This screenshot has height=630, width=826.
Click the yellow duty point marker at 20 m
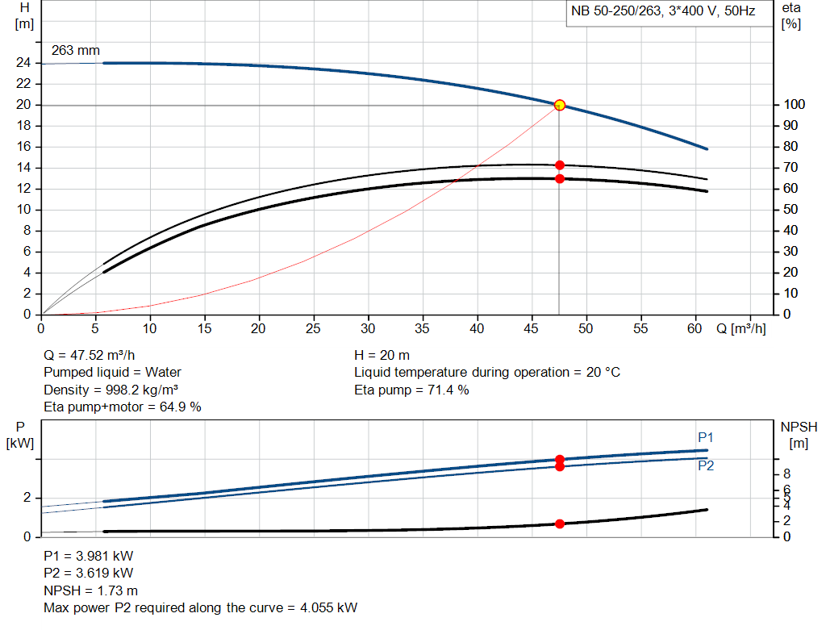[559, 105]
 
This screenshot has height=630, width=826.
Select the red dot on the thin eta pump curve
[559, 165]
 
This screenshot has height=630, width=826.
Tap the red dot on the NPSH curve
[559, 524]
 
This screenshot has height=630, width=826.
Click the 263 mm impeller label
[76, 50]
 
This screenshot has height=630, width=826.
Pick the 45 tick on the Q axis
[532, 329]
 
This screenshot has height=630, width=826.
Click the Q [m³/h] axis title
[740, 329]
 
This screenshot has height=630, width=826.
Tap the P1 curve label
[706, 437]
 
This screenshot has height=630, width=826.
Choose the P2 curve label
[706, 465]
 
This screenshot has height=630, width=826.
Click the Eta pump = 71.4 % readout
[411, 390]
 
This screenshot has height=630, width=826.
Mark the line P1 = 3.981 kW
[89, 556]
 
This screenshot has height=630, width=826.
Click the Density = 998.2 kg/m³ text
[111, 390]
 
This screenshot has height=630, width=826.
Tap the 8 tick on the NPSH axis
[786, 474]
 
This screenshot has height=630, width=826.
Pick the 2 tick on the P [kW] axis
[25, 498]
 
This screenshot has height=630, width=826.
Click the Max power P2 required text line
[200, 607]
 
